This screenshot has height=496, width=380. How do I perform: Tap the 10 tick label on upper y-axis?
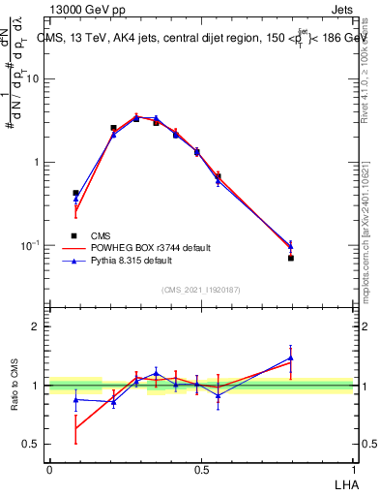tap(32, 79)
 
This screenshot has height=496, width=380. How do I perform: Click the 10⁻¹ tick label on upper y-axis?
tap(30, 244)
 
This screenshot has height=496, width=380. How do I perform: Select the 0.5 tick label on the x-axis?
tap(201, 470)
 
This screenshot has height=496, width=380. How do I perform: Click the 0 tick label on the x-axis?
tap(49, 470)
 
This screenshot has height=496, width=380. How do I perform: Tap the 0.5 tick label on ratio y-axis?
tap(29, 445)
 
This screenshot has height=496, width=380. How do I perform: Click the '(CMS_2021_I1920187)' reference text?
tap(201, 289)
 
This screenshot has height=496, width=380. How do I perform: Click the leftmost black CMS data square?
tap(75, 194)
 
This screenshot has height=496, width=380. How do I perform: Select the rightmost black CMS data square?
tap(291, 258)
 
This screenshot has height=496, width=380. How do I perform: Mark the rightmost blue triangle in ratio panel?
tap(291, 357)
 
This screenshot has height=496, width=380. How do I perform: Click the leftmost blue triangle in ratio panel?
tap(75, 399)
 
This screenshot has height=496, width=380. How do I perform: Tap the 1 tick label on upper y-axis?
tap(35, 162)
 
